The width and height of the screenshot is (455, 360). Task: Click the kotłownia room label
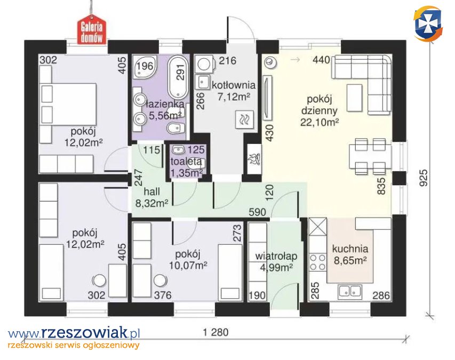coord(234,85)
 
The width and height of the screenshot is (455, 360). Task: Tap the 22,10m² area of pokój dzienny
coord(319,123)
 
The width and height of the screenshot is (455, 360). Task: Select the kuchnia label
coord(350,249)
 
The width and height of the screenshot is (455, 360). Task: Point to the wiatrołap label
coord(276,256)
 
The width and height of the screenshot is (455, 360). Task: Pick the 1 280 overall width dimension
coord(215,332)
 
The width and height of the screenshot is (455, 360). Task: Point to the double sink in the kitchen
coord(350,291)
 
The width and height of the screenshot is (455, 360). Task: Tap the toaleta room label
coord(186,161)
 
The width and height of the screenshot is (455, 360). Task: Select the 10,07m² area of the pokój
coord(188,265)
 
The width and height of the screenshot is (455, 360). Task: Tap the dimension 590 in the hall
coord(258,212)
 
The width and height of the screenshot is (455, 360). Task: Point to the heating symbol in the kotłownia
coord(244,119)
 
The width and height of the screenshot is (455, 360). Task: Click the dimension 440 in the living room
coord(322,60)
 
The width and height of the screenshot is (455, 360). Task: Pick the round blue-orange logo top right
coord(428,24)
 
